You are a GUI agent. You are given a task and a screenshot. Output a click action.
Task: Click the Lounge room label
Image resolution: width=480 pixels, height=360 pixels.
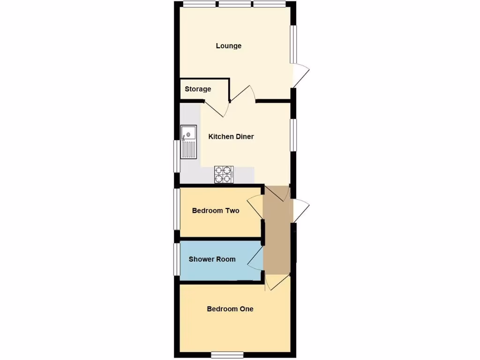(x=229, y=46)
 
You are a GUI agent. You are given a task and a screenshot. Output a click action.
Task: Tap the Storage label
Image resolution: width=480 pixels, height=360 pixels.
(x=198, y=89)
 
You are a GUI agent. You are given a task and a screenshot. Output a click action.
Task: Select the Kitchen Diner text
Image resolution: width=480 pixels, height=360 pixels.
(x=231, y=137)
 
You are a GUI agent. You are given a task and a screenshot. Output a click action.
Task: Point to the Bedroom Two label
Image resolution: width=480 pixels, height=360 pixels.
(x=216, y=211)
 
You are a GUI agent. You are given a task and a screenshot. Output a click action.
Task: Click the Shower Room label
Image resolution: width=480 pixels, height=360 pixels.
(x=212, y=259)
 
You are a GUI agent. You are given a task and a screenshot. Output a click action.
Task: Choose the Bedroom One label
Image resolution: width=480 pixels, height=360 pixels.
(x=230, y=309)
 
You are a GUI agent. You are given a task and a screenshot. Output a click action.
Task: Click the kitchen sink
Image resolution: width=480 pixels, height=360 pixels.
(x=188, y=142)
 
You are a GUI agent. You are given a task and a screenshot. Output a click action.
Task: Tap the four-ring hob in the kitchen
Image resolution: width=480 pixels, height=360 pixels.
(x=224, y=174)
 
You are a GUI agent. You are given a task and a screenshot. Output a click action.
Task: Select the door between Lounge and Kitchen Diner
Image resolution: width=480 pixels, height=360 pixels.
(x=243, y=94)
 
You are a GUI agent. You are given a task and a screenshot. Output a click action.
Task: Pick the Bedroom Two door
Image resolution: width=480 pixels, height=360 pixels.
(x=255, y=207)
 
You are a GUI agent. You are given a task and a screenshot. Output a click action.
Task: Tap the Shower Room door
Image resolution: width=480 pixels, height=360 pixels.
(x=255, y=258)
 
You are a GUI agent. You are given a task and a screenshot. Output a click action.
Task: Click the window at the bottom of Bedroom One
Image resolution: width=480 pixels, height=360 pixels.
(x=227, y=353)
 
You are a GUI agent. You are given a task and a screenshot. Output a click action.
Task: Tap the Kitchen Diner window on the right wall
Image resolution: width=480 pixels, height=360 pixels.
(x=293, y=135)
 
